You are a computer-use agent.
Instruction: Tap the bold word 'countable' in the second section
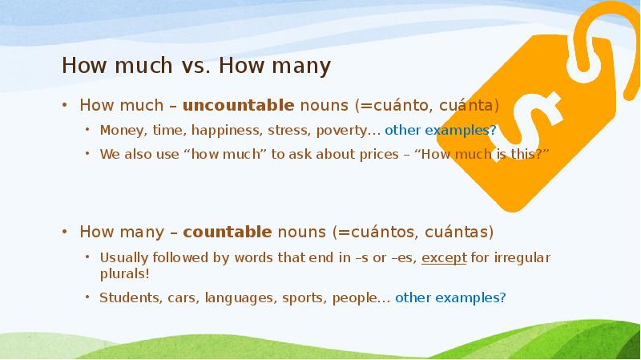[x=227, y=233]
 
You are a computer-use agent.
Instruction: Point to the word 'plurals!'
[x=124, y=273]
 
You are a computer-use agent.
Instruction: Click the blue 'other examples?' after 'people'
[x=450, y=297]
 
